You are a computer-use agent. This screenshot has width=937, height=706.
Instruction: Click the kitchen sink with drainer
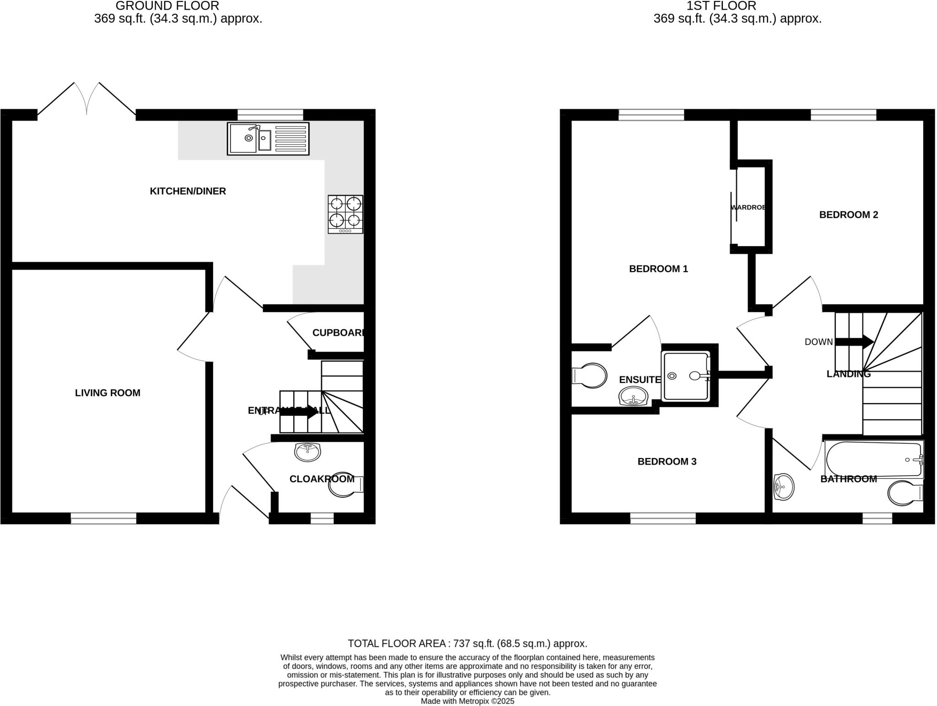pos(268,138)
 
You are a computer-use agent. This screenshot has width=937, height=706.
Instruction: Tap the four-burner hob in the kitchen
pos(345,214)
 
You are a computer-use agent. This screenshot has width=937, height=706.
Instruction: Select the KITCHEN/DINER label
pos(188,191)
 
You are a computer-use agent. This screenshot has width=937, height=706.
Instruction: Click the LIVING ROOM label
pos(108,393)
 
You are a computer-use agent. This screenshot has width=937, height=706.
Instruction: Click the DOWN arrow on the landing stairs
pos(854,342)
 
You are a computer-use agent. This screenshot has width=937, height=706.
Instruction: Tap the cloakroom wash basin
pos(307,452)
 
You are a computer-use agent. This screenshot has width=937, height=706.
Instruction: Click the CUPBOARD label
pos(338,333)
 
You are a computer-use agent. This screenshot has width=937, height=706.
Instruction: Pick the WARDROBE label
pos(748,207)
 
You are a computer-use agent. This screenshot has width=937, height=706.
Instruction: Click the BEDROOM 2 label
pos(848,215)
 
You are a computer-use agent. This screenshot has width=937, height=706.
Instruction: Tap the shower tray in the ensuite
pos(685,376)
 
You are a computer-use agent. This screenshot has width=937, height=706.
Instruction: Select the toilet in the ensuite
pos(589,376)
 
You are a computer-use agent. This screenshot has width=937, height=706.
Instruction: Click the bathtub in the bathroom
pos(873,459)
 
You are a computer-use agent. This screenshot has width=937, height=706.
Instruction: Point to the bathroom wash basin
pos(783,487)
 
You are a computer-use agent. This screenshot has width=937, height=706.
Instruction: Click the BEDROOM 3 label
pos(667,461)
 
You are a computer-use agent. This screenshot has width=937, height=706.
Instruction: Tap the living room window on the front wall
pos(103,518)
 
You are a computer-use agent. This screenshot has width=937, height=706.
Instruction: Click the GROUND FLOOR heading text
pos(167,6)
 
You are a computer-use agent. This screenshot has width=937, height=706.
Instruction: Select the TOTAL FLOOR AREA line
pos(467,643)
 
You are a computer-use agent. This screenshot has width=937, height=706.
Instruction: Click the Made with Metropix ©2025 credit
pos(467,701)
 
